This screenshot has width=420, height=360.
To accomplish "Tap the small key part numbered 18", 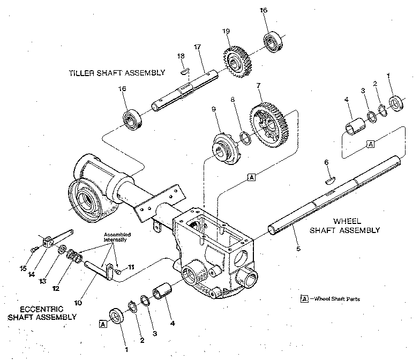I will point(184,70).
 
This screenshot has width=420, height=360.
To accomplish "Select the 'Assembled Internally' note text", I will point(117,237).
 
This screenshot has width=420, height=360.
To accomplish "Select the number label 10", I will point(78,302).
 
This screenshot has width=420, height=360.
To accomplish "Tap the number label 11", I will point(131,266).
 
